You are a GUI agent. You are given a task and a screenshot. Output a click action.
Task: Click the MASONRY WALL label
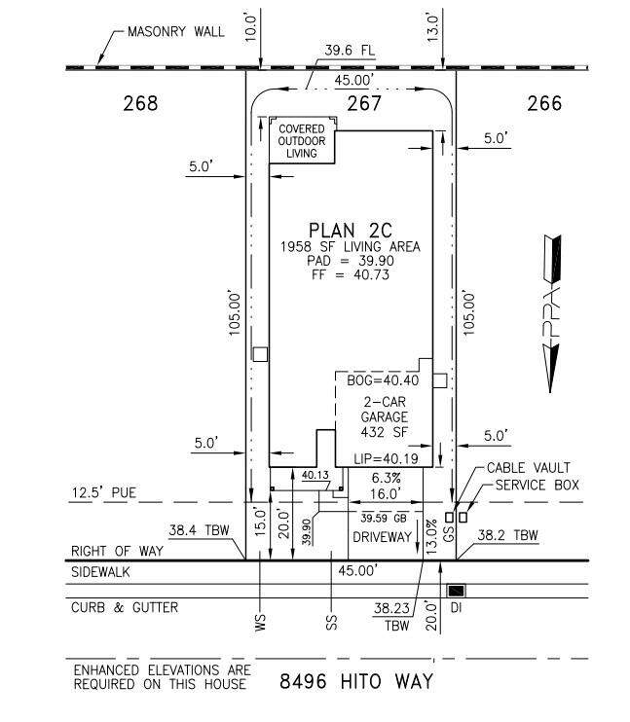(x=176, y=32)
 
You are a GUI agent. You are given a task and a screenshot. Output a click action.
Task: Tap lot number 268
(x=140, y=103)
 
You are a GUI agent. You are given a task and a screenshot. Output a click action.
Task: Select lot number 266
(x=544, y=103)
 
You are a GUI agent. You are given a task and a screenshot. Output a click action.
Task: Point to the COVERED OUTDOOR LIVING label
(x=302, y=141)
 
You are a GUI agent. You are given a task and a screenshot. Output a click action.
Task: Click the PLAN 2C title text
(x=351, y=231)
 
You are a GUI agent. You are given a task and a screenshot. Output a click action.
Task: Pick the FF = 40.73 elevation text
(x=351, y=275)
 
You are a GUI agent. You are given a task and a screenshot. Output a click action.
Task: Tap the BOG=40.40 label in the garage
(x=383, y=380)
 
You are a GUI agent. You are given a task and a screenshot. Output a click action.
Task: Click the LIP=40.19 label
(x=387, y=458)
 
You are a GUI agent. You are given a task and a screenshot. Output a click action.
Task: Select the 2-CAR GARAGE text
(x=385, y=410)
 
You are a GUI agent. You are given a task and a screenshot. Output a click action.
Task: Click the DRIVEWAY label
(x=382, y=537)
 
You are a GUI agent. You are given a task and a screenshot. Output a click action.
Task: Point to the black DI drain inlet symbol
(x=457, y=591)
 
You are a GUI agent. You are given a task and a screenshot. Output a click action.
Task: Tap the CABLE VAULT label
(x=529, y=468)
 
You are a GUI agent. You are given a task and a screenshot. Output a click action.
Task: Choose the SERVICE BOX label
(x=537, y=485)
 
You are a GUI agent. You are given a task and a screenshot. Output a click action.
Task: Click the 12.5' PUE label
(x=104, y=492)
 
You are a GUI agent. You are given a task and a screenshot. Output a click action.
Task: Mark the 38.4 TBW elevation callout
(x=199, y=530)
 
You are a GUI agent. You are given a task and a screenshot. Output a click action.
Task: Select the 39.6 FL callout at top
(x=350, y=51)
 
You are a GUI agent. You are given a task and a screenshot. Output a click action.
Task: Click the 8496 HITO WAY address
(x=356, y=681)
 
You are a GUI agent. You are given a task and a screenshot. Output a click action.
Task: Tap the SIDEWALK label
(x=100, y=572)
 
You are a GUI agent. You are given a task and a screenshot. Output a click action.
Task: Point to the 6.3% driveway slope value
(x=387, y=478)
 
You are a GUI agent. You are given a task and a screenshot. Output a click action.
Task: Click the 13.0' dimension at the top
(x=432, y=27)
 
